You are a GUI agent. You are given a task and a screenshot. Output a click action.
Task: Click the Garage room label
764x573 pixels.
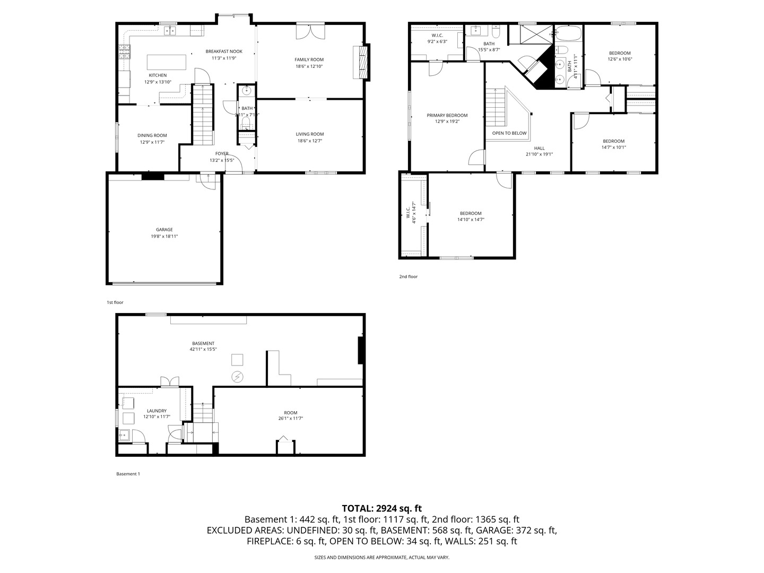tap(164, 230)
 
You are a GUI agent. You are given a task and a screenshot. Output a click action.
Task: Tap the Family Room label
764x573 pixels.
tap(309, 59)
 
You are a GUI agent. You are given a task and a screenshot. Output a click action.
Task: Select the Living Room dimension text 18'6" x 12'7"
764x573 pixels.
tap(309, 141)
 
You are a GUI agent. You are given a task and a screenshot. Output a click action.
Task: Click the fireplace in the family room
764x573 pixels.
tap(362, 62)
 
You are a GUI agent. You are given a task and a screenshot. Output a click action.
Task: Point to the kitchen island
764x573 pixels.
tap(166, 62)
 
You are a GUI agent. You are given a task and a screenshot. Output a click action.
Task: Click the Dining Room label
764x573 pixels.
tap(152, 135)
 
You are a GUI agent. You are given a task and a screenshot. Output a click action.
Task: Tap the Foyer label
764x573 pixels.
tap(222, 153)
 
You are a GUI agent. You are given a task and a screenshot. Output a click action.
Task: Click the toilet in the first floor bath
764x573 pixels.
tap(245, 124)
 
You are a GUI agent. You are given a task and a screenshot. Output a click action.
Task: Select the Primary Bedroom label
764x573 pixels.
tap(447, 115)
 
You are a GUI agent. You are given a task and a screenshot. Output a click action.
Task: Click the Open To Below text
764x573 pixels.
tap(509, 133)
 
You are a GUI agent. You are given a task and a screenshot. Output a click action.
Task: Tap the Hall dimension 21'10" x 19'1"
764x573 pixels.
tap(539, 154)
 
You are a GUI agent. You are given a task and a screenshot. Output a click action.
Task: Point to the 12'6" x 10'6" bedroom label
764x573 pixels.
tap(620, 53)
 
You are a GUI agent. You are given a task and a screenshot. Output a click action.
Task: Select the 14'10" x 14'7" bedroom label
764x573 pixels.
tap(471, 213)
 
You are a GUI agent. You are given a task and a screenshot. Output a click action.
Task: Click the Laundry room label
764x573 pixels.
tap(157, 411)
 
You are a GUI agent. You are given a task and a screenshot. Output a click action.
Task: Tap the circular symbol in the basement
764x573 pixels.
tap(237, 377)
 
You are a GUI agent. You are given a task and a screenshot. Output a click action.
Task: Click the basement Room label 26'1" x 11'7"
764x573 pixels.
tap(290, 413)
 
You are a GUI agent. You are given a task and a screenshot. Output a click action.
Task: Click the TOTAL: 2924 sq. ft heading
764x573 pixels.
tap(381, 508)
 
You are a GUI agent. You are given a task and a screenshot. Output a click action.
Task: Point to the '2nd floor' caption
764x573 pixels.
tap(409, 276)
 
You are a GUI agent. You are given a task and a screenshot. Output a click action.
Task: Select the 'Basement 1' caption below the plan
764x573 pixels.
tap(128, 474)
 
